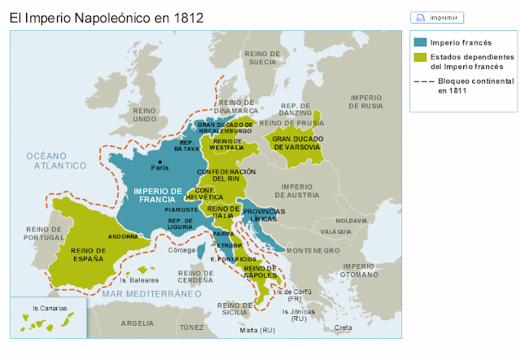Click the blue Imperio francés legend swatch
[x=419, y=42]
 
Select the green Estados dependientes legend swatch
[x=419, y=58]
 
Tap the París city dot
[x=160, y=163]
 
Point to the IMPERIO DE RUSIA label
[x=366, y=101]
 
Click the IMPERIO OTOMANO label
[x=358, y=271]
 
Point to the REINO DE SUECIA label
[x=261, y=57]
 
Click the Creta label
[x=344, y=327]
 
